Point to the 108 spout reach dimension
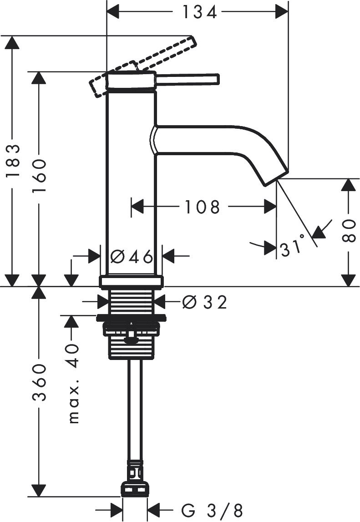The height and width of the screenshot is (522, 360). pos(202,208)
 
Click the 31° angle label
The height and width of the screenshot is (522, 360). pos(292,248)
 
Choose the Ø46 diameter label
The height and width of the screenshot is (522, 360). pos(132,257)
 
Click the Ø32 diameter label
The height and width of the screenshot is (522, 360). pos(204,302)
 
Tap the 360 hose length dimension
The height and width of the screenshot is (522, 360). pos(40,382)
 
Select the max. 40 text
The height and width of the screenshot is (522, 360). pos(73,383)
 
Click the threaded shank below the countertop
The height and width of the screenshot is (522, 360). pos(131,302)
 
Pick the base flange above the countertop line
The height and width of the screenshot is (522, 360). pos(131,281)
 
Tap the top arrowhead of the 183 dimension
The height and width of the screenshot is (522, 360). pos(12,42)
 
